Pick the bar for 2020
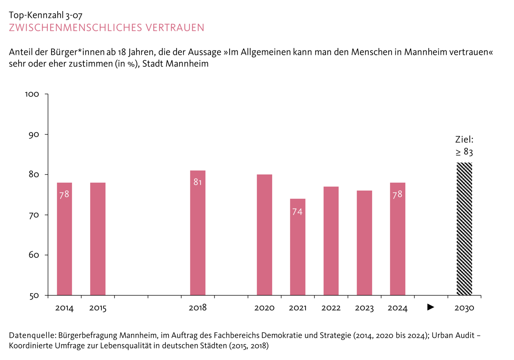264,235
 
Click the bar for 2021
297,247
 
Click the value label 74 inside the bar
297,212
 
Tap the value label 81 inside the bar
198,182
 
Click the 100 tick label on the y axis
32,94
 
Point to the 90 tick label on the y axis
34,135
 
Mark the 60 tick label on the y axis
34,255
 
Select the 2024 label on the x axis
397,308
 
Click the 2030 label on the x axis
464,308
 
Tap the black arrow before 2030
431,307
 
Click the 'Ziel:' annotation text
464,139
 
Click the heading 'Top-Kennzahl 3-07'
46,15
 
